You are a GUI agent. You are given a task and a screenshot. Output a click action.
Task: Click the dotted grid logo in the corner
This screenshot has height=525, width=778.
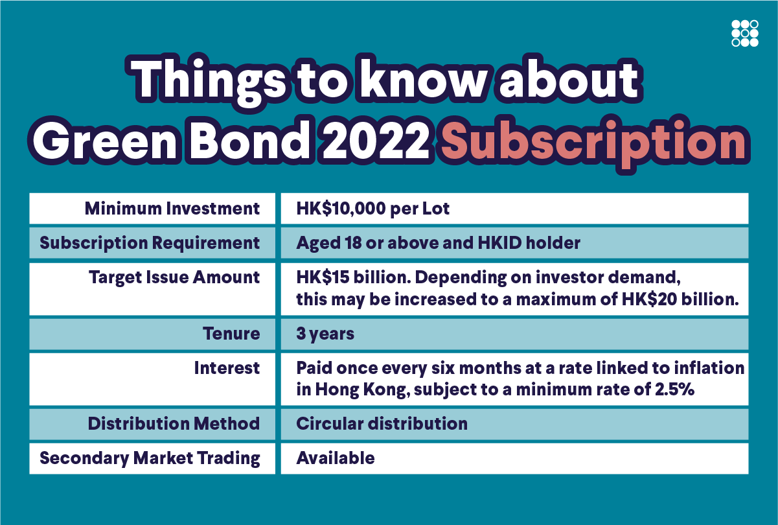tap(745, 33)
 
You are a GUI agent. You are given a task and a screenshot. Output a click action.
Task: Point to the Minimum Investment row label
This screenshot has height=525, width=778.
tap(172, 209)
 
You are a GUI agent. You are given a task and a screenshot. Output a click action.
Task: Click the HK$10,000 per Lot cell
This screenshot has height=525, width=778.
tap(373, 209)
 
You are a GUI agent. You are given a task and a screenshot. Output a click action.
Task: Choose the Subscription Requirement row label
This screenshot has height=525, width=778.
tap(150, 243)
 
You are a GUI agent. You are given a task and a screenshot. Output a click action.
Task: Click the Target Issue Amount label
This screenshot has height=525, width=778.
tap(174, 277)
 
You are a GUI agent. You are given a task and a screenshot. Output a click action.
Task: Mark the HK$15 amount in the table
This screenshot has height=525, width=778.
tap(323, 277)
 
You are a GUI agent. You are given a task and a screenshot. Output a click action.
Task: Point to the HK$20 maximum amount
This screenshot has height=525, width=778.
tap(648, 299)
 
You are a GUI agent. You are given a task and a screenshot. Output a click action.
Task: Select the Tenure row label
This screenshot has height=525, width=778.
tap(231, 334)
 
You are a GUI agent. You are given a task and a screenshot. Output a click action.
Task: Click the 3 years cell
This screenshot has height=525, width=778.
tap(325, 334)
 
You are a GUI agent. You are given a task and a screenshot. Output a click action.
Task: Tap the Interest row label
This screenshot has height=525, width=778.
tap(227, 368)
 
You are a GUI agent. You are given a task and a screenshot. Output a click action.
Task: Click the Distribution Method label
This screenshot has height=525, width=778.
tap(174, 423)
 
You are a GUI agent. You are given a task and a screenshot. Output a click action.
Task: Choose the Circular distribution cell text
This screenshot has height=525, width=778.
tap(382, 423)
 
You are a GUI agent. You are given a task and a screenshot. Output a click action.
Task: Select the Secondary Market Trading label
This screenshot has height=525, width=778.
tap(150, 458)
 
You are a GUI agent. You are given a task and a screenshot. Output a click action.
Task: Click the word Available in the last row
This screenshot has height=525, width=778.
tap(336, 458)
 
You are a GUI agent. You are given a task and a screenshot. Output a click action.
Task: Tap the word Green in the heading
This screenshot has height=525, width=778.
tap(105, 142)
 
